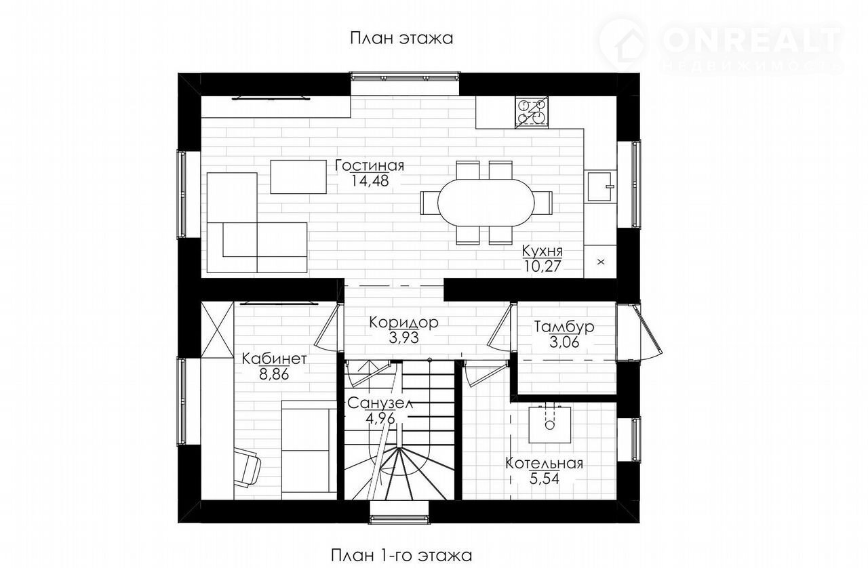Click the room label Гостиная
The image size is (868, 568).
[x=370, y=165]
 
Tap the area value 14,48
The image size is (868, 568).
[x=370, y=181]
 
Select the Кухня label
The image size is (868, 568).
[x=542, y=251]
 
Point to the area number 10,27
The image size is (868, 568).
[x=543, y=266]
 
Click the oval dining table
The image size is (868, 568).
[x=486, y=202]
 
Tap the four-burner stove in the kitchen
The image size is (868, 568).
[x=532, y=113]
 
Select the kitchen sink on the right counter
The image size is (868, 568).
[x=600, y=187]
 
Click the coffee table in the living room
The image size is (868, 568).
[x=298, y=177]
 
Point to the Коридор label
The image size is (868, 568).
[x=403, y=323]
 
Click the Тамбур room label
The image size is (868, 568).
[x=564, y=327]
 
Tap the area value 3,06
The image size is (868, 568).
[x=564, y=342]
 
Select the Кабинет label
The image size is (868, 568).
[x=275, y=359]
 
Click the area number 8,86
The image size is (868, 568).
[x=274, y=375]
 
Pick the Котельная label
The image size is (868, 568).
[x=545, y=464]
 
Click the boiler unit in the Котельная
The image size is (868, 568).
[x=550, y=424]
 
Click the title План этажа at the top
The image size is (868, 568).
[x=402, y=39]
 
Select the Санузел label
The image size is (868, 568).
[x=380, y=404]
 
